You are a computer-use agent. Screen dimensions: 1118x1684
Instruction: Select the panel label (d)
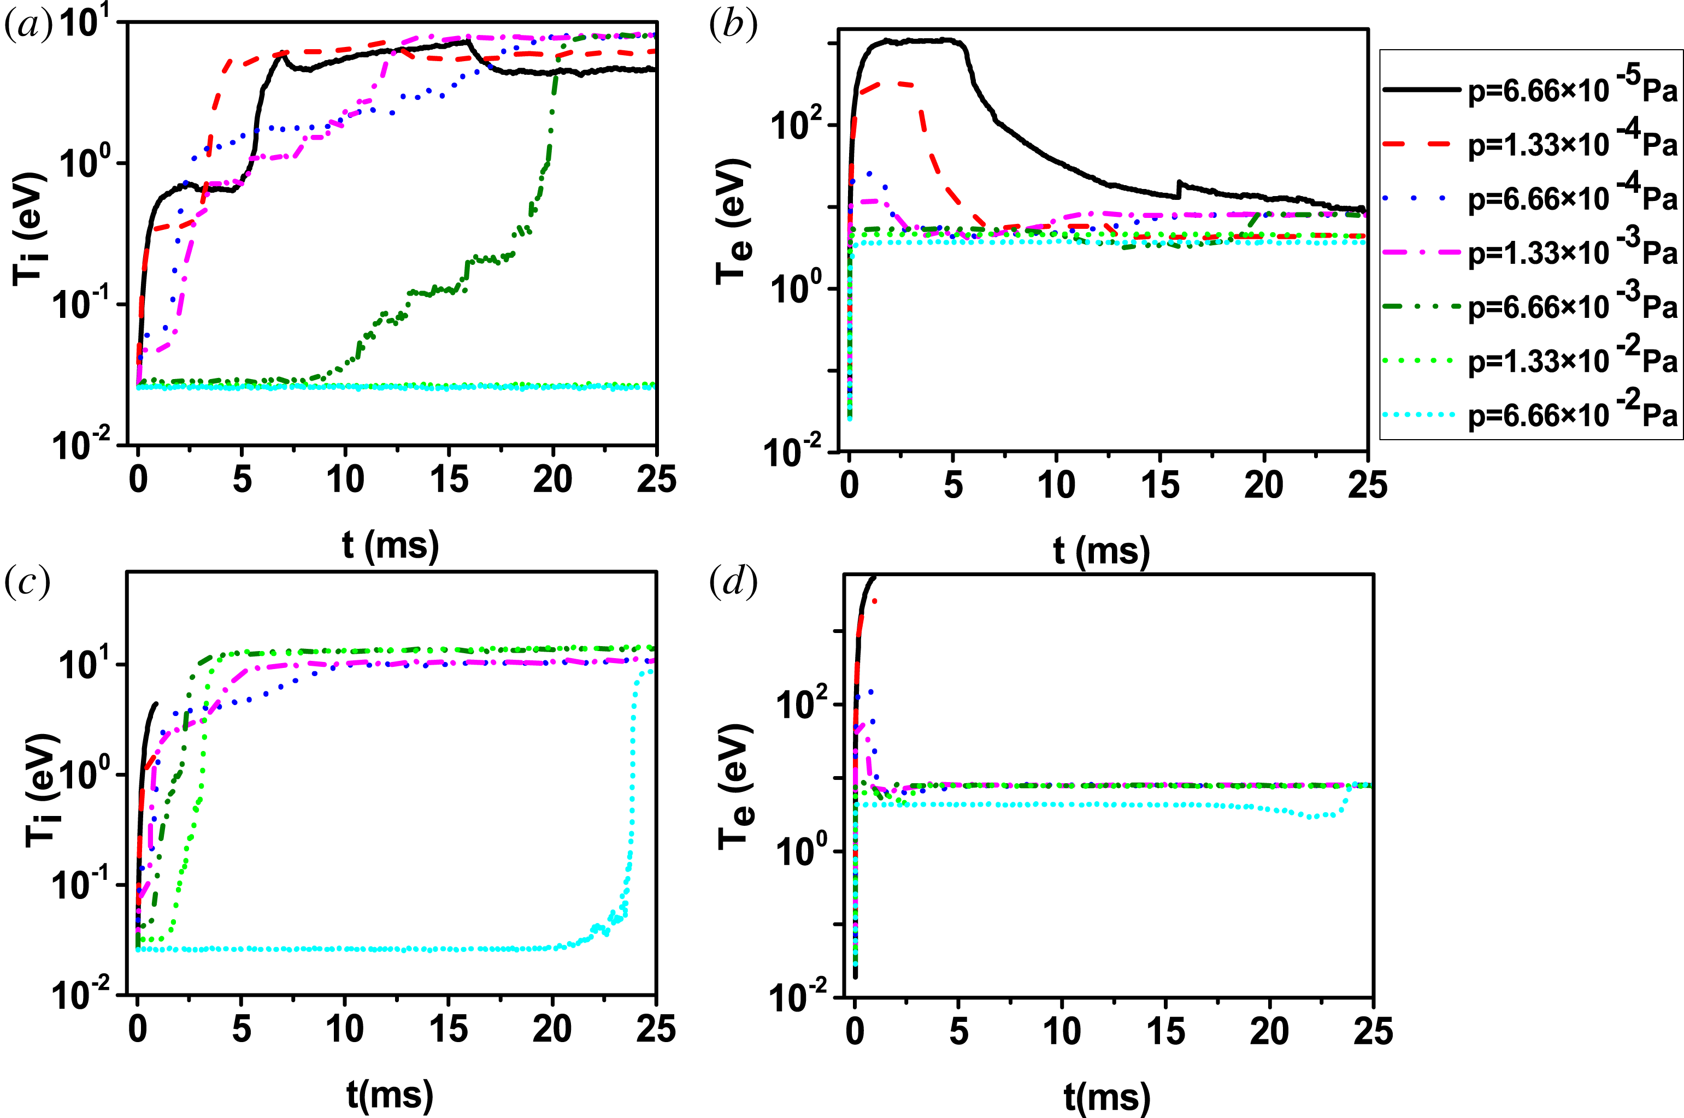(x=733, y=583)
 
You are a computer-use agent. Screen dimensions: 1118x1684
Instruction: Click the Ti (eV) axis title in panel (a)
(x=30, y=228)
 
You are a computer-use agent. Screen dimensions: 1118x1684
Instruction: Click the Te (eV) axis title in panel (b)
(x=734, y=221)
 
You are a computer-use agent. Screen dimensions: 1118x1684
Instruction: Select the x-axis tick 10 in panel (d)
(x=1062, y=1032)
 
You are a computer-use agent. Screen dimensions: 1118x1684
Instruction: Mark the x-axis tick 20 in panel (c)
(x=552, y=1030)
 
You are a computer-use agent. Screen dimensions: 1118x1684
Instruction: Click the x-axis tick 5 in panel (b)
(x=953, y=486)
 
